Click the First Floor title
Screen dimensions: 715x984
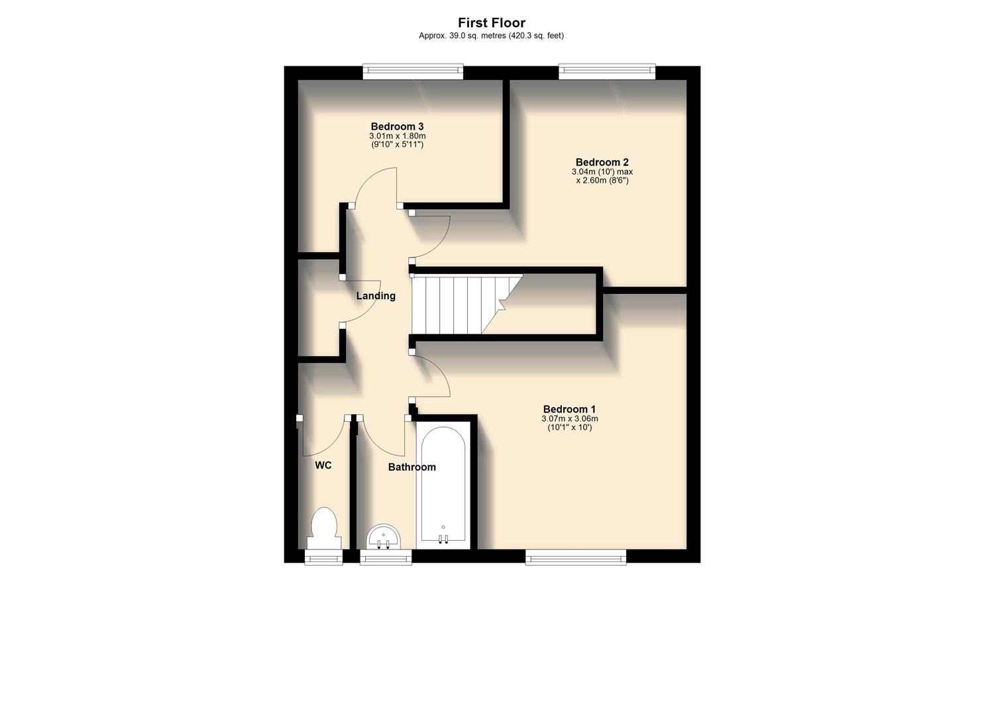[491, 23]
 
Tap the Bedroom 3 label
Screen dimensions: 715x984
[397, 126]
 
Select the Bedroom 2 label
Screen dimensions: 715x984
[602, 162]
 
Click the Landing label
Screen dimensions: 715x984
[376, 296]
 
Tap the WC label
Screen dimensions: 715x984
[323, 465]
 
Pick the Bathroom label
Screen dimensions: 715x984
[411, 467]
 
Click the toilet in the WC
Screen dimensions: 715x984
[324, 527]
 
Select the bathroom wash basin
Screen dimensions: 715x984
[384, 536]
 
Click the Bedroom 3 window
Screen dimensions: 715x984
[412, 71]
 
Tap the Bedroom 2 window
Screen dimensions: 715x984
[606, 71]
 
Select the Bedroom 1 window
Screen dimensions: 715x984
[576, 557]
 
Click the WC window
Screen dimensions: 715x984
[324, 557]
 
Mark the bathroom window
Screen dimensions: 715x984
[386, 557]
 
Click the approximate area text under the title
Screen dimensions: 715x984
[491, 36]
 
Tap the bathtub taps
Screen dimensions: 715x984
[443, 538]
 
